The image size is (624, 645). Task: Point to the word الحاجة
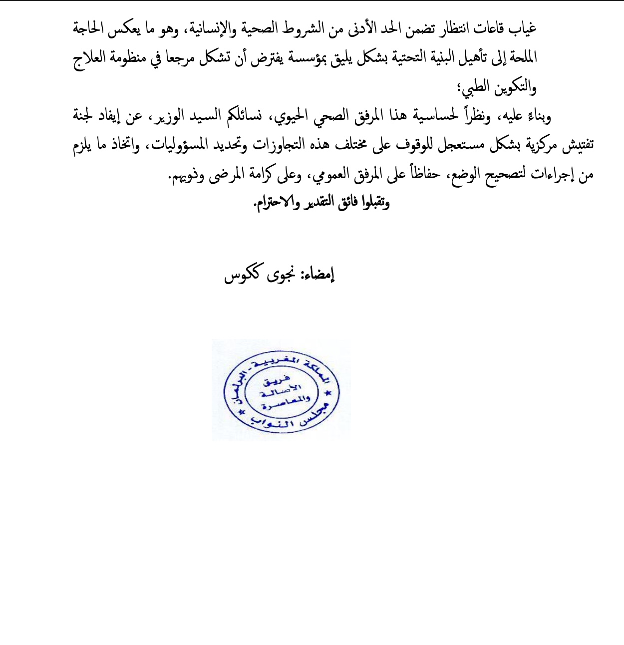(x=88, y=28)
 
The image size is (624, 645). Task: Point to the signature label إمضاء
(x=319, y=274)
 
